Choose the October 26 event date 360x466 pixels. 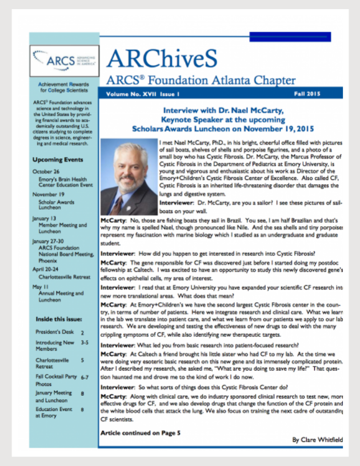[x=46, y=172]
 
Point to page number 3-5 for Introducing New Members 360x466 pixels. [x=85, y=343]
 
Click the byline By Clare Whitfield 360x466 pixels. [x=317, y=440]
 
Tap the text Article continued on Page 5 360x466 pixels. [x=140, y=433]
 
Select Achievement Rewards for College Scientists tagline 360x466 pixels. [x=63, y=86]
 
